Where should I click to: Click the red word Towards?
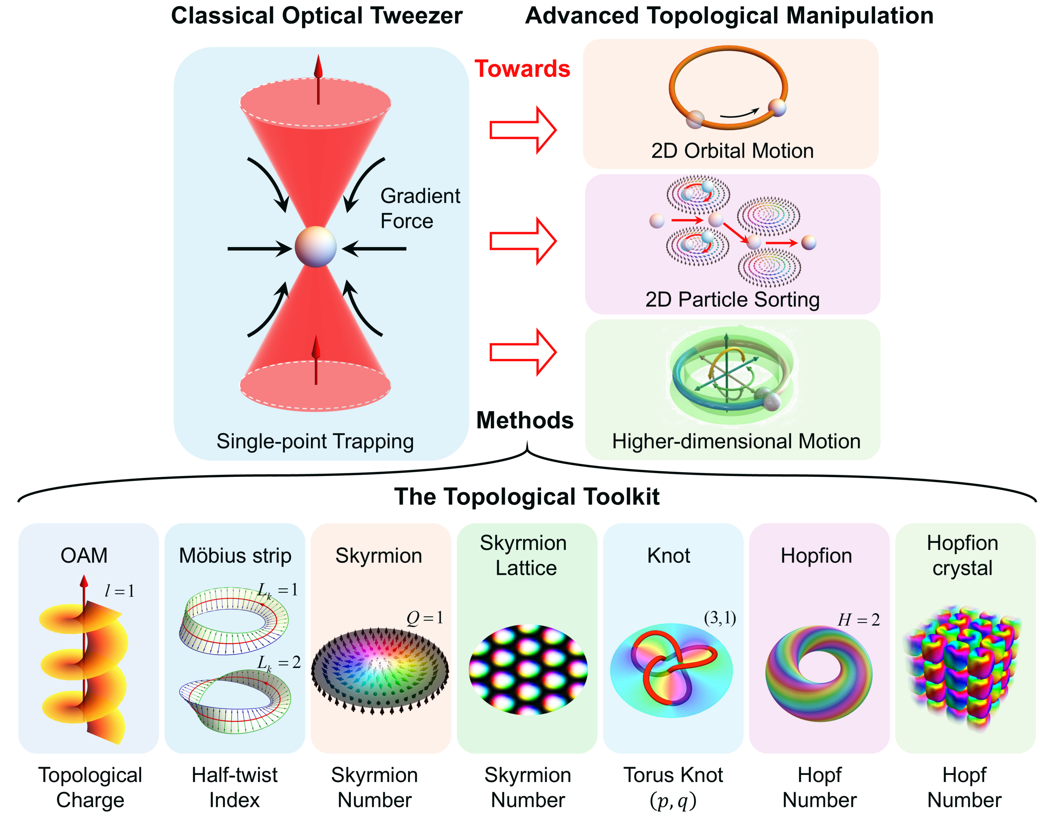tap(522, 69)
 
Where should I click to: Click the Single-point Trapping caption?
tap(315, 441)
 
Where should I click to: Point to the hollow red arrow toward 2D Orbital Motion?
tap(523, 130)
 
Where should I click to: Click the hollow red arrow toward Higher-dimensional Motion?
tap(523, 352)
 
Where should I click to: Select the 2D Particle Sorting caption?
tap(732, 299)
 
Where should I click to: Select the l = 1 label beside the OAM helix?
tap(119, 591)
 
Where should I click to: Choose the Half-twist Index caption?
tap(235, 787)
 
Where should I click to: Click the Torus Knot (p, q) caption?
tap(673, 787)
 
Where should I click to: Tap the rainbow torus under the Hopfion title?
tap(818, 673)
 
